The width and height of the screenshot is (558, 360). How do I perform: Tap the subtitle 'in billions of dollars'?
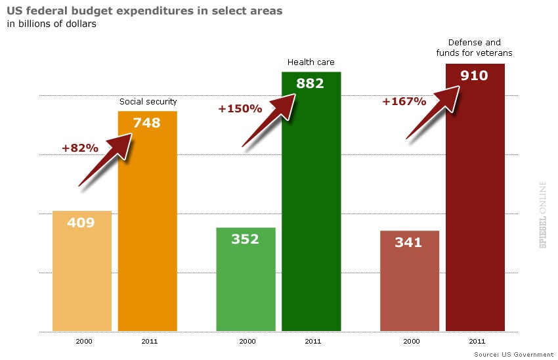pyautogui.click(x=52, y=25)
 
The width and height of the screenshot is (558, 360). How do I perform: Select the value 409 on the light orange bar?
pyautogui.click(x=81, y=223)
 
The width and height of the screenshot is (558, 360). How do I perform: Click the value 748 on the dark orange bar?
pyautogui.click(x=146, y=122)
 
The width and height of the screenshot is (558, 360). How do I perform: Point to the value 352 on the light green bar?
pyautogui.click(x=245, y=239)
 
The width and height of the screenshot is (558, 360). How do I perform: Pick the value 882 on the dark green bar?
pyautogui.click(x=311, y=83)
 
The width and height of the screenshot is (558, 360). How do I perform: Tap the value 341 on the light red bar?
pyautogui.click(x=408, y=242)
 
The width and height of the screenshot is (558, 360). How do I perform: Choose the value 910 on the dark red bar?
pyautogui.click(x=474, y=75)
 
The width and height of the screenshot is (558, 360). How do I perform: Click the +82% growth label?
pyautogui.click(x=80, y=148)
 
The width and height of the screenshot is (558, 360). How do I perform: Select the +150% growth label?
pyautogui.click(x=240, y=108)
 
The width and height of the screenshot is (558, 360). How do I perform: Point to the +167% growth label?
pyautogui.click(x=404, y=102)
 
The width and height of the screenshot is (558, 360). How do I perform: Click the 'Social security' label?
pyautogui.click(x=148, y=102)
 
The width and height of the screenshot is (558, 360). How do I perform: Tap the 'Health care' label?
pyautogui.click(x=311, y=62)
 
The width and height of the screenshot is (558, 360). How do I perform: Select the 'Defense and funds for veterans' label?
pyautogui.click(x=474, y=47)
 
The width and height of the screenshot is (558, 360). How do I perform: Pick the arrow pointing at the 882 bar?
pyautogui.click(x=270, y=120)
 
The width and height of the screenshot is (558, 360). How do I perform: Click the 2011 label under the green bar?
pyautogui.click(x=313, y=342)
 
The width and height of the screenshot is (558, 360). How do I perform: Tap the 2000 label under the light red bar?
pyautogui.click(x=412, y=342)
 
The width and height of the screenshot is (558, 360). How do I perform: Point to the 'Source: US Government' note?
pyautogui.click(x=513, y=354)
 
